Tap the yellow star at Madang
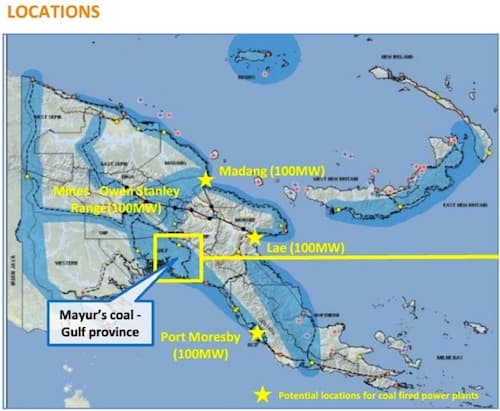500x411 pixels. [x=206, y=180]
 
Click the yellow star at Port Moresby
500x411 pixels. [x=257, y=333]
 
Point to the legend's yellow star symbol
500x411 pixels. [x=262, y=394]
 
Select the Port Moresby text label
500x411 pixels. [x=204, y=338]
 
